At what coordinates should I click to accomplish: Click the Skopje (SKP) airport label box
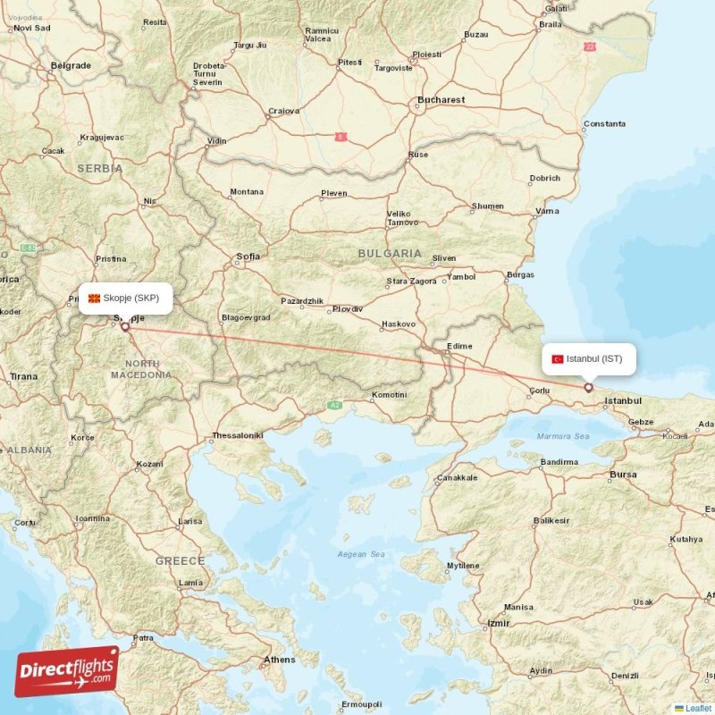[x=125, y=299]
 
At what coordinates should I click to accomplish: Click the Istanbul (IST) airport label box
[x=589, y=358]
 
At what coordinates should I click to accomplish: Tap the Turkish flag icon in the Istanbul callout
[x=558, y=359]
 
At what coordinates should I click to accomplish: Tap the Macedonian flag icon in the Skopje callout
[x=94, y=299]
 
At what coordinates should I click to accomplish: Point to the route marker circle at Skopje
[x=124, y=327]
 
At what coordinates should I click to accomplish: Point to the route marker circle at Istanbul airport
[x=588, y=387]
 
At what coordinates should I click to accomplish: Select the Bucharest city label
[x=442, y=100]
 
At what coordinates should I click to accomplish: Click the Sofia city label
[x=248, y=257]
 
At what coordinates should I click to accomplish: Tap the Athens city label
[x=279, y=660]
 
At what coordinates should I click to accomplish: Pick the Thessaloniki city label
[x=238, y=436]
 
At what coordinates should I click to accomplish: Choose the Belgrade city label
[x=71, y=65]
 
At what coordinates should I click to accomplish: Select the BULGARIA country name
[x=390, y=254]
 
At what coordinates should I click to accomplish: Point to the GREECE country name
[x=181, y=560]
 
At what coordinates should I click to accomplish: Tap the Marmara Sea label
[x=563, y=436]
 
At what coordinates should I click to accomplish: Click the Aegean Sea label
[x=361, y=555]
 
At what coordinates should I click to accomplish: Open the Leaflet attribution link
[x=698, y=708]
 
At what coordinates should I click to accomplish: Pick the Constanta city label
[x=604, y=123]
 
